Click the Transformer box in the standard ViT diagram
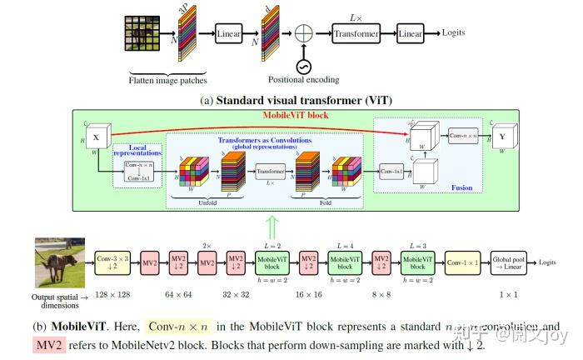356,34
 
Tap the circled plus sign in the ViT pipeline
302,35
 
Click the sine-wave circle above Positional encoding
302,66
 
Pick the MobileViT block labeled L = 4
345,262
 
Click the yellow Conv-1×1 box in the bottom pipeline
462,262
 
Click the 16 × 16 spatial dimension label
308,295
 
